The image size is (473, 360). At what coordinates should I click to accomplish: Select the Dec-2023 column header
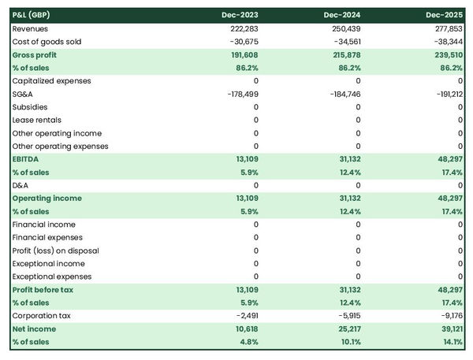pos(241,15)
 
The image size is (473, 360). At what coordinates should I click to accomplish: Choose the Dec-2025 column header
pos(445,15)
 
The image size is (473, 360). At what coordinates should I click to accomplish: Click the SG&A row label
pos(24,94)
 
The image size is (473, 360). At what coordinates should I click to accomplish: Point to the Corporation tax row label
pos(40,316)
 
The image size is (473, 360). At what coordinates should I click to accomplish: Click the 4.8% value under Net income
pos(247,342)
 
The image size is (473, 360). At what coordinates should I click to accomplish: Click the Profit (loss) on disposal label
pos(55,251)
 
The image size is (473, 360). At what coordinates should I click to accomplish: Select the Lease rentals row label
pos(35,120)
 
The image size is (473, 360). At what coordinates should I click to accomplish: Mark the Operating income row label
pos(46,199)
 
